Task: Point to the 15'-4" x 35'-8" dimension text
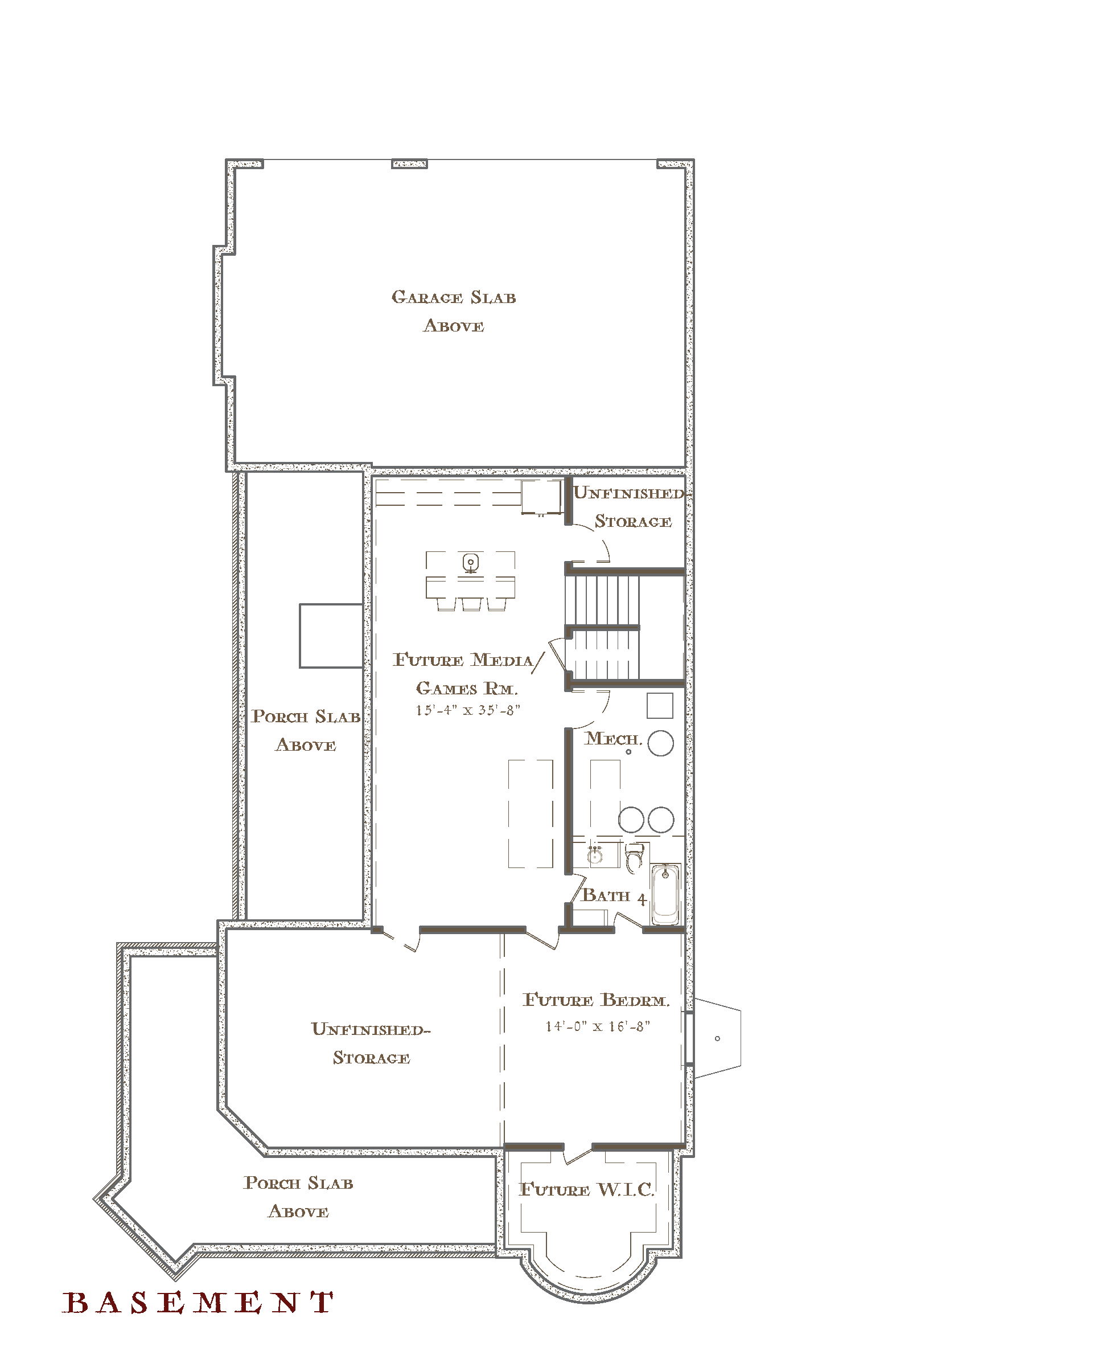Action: tap(468, 710)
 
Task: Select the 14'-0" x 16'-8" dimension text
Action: tap(597, 1026)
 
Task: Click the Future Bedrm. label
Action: tap(596, 1000)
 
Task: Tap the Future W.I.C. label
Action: tap(587, 1189)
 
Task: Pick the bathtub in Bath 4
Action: tap(665, 894)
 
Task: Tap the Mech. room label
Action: tap(613, 739)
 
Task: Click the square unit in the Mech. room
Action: tap(660, 706)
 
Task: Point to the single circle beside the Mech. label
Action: tap(660, 743)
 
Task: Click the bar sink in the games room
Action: tap(471, 563)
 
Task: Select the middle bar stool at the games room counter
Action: tap(471, 604)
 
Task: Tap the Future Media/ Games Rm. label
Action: tap(467, 674)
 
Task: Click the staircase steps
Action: tap(602, 627)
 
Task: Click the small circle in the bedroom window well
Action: tap(717, 1038)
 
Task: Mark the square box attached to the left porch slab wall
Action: tap(331, 636)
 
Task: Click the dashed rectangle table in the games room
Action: tap(531, 814)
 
